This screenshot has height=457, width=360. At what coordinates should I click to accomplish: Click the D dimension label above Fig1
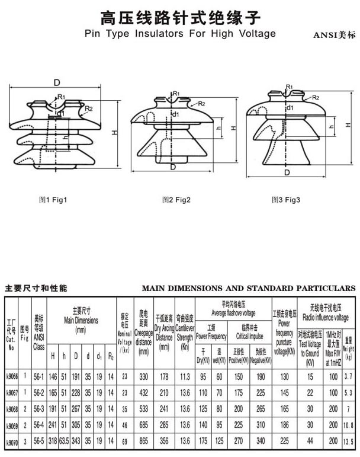point(57,82)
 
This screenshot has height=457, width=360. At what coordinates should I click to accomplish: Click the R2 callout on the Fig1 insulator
point(89,108)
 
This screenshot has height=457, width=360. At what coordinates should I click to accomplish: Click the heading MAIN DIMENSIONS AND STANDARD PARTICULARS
point(249,289)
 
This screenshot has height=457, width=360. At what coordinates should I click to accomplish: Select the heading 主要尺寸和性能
point(36,289)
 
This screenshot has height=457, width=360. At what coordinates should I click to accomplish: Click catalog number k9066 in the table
point(11,376)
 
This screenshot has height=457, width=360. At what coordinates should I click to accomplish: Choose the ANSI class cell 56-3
point(39,408)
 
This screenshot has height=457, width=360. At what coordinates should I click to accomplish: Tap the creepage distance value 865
point(143,442)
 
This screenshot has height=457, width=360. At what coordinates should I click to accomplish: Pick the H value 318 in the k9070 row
point(53,442)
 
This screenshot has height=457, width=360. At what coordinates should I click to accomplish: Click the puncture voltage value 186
point(285,425)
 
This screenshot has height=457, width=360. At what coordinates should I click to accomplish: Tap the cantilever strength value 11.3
point(185,376)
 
